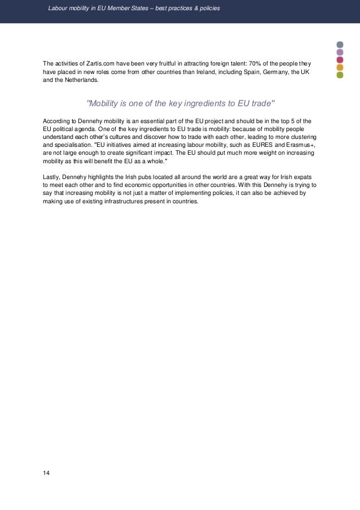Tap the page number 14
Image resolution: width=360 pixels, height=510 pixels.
(46, 472)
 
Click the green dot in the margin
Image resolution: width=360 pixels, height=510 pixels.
(340, 75)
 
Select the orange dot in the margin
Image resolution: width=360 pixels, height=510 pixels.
(340, 67)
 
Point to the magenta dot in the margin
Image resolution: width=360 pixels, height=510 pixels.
(340, 59)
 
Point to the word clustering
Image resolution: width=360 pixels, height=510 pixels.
(302, 137)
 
